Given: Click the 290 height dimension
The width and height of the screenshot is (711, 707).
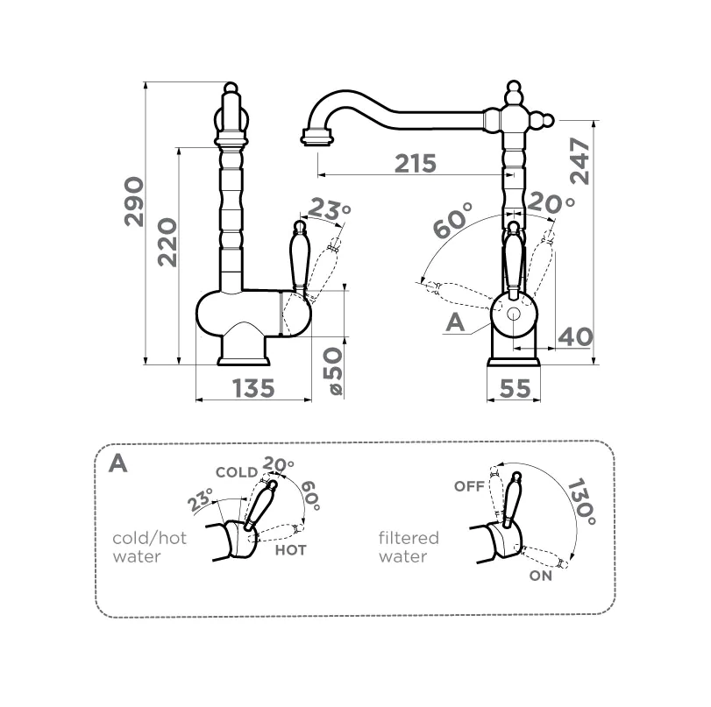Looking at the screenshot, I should tap(133, 201).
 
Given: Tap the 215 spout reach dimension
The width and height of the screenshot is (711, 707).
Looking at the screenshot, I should tap(415, 163).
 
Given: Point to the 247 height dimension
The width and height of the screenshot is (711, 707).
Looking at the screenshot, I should tap(580, 160).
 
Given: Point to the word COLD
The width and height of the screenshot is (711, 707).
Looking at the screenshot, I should tap(237, 472).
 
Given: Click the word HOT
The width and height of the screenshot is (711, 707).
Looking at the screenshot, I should tap(290, 550).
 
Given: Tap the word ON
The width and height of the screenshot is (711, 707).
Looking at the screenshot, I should tap(541, 576).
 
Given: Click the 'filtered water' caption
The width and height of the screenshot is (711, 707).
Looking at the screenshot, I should tap(408, 548).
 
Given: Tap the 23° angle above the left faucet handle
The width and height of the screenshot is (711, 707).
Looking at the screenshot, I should tap(330, 209).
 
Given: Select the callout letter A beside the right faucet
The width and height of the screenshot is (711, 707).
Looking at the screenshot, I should tap(454, 322).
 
